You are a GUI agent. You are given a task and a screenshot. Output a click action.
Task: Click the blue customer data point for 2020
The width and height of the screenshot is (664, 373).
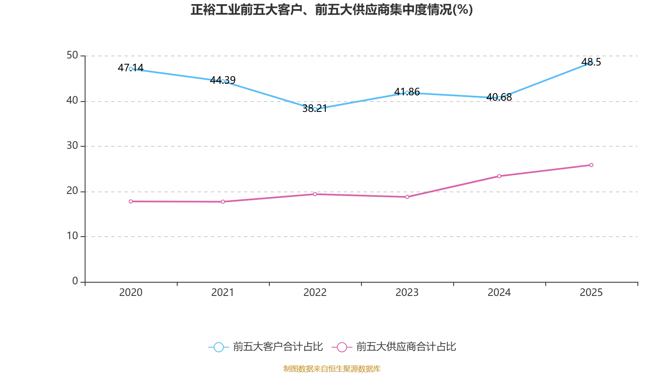tap(131, 69)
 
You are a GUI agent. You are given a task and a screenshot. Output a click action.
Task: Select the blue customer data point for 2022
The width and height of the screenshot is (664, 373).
tap(315, 109)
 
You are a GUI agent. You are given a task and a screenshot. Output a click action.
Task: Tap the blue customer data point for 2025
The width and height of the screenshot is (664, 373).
tap(591, 63)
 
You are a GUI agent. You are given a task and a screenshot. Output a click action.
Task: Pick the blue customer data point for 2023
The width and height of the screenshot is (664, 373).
tap(407, 92)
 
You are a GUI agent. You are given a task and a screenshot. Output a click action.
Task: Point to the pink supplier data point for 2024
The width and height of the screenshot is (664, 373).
tap(499, 176)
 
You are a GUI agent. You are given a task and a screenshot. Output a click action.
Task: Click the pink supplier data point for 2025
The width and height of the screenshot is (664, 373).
tap(591, 165)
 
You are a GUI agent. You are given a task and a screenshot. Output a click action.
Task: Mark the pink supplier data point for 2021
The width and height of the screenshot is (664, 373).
tap(223, 202)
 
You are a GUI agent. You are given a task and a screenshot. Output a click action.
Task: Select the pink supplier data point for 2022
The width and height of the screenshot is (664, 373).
tap(315, 194)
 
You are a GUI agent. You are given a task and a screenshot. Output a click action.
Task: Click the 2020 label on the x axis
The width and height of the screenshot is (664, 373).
tap(131, 293)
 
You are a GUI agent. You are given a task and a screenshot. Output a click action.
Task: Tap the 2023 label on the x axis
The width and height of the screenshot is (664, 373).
tap(407, 293)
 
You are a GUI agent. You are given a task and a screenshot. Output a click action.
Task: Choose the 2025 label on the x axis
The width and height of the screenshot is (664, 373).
tap(591, 293)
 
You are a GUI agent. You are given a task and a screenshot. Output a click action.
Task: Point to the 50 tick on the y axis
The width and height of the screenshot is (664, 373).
tap(72, 56)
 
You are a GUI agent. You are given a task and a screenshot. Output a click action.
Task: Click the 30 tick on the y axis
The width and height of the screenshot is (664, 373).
tap(72, 146)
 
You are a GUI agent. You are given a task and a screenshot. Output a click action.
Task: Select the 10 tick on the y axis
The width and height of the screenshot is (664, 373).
tap(72, 236)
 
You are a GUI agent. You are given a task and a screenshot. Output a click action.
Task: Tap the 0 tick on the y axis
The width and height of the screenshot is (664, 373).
tap(75, 281)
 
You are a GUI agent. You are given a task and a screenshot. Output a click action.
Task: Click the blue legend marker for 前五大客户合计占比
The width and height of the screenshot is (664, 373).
tap(219, 347)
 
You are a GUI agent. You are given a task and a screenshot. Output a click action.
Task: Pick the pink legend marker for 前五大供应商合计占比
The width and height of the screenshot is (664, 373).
tap(342, 347)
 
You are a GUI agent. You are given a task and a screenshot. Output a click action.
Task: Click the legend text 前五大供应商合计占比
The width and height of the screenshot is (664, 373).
tap(406, 347)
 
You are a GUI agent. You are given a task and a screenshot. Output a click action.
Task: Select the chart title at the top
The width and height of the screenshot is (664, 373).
tap(332, 10)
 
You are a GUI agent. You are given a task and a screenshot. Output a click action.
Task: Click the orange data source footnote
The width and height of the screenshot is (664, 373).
tap(332, 368)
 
